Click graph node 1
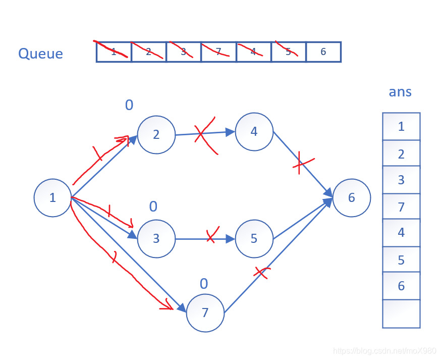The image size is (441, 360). (52, 198)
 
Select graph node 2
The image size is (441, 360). (156, 134)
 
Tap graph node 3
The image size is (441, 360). (156, 238)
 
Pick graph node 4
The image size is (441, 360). (254, 132)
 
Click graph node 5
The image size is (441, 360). (254, 238)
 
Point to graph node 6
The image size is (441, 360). (351, 198)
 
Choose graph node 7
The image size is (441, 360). (205, 313)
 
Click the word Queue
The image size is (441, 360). (40, 54)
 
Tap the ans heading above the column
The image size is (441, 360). (400, 92)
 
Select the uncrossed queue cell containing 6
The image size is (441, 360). (323, 52)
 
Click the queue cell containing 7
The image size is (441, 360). (218, 52)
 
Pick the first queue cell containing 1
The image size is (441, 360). (114, 52)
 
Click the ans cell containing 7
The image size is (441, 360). (401, 207)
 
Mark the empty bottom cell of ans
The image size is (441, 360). (401, 314)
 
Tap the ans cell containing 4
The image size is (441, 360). (401, 233)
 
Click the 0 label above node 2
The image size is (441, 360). (129, 105)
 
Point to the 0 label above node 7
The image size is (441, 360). (204, 284)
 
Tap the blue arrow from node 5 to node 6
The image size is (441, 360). (302, 219)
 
